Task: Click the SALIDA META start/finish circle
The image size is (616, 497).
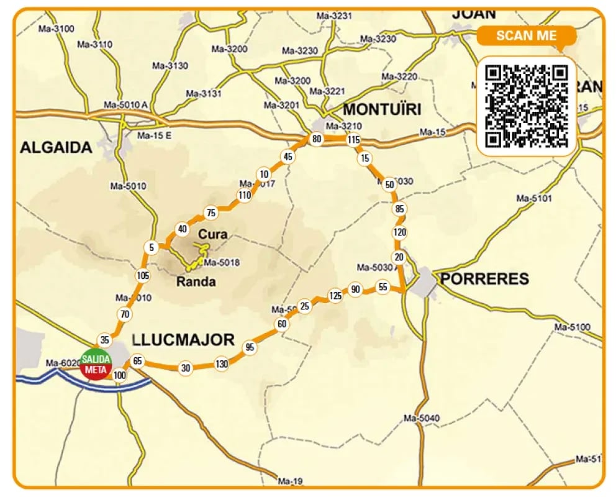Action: click(x=96, y=365)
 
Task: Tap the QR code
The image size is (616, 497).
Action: click(x=527, y=106)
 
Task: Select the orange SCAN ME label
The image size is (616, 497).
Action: click(x=527, y=35)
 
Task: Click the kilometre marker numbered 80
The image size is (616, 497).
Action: click(x=317, y=139)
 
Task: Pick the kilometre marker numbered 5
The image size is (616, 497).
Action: click(x=152, y=248)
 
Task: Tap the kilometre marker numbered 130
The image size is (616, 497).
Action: click(x=222, y=364)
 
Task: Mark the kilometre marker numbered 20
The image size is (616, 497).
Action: click(x=399, y=257)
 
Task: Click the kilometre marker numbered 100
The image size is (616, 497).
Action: click(x=119, y=375)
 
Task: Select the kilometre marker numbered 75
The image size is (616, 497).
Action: click(x=211, y=213)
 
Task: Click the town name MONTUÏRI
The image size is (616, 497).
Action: click(x=382, y=110)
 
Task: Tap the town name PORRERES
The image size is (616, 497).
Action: click(x=484, y=278)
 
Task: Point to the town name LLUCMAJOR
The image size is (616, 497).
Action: click(x=183, y=340)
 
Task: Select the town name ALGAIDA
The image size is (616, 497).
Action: click(x=56, y=147)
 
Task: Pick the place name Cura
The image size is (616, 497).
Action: click(x=213, y=235)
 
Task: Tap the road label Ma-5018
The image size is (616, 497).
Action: click(x=222, y=263)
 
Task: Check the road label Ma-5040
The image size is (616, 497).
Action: click(x=422, y=417)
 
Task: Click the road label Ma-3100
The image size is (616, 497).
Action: click(x=56, y=29)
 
